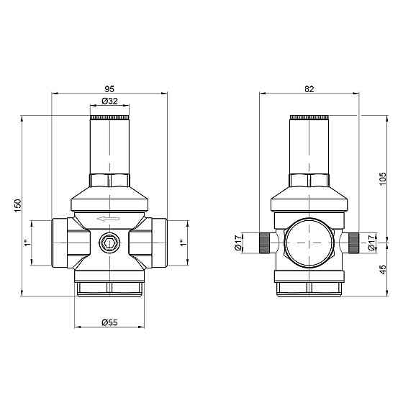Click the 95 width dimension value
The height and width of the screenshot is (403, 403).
(109, 89)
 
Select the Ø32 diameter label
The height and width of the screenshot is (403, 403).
(109, 102)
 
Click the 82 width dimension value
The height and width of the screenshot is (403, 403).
(309, 89)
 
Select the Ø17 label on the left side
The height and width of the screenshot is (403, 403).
(237, 243)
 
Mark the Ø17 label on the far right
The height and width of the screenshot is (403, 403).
(372, 243)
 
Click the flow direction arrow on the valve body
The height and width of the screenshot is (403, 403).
(109, 220)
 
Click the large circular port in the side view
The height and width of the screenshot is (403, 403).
(309, 243)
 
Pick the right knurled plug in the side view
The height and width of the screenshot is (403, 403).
(353, 243)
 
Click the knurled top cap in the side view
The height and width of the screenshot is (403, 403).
(309, 117)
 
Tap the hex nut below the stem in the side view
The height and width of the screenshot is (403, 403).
(309, 181)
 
